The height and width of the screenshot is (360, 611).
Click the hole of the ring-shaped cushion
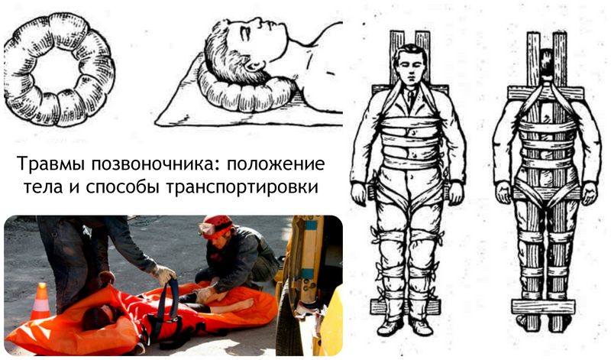tap(58, 70)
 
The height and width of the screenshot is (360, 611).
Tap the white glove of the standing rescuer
tap(163, 274)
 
